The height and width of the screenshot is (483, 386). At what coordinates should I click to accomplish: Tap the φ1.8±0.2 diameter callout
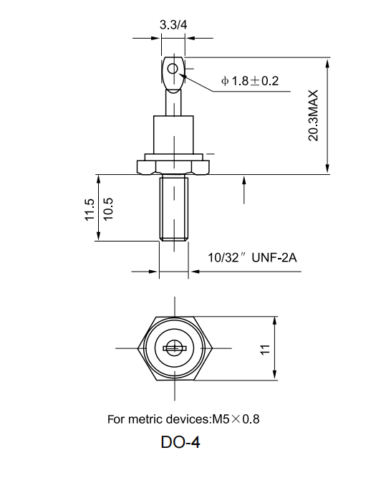point(250,81)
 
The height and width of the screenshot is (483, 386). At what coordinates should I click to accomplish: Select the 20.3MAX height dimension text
point(312,115)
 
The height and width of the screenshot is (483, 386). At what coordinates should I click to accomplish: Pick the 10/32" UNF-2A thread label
point(251,257)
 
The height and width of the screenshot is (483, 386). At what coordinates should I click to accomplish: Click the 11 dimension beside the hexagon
point(264,349)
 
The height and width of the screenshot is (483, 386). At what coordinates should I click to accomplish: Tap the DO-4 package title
point(180,443)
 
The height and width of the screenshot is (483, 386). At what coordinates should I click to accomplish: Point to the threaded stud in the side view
point(173,209)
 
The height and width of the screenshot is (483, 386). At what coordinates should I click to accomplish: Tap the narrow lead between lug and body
point(173,105)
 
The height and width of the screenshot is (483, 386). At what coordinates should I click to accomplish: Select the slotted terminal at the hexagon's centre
point(173,349)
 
